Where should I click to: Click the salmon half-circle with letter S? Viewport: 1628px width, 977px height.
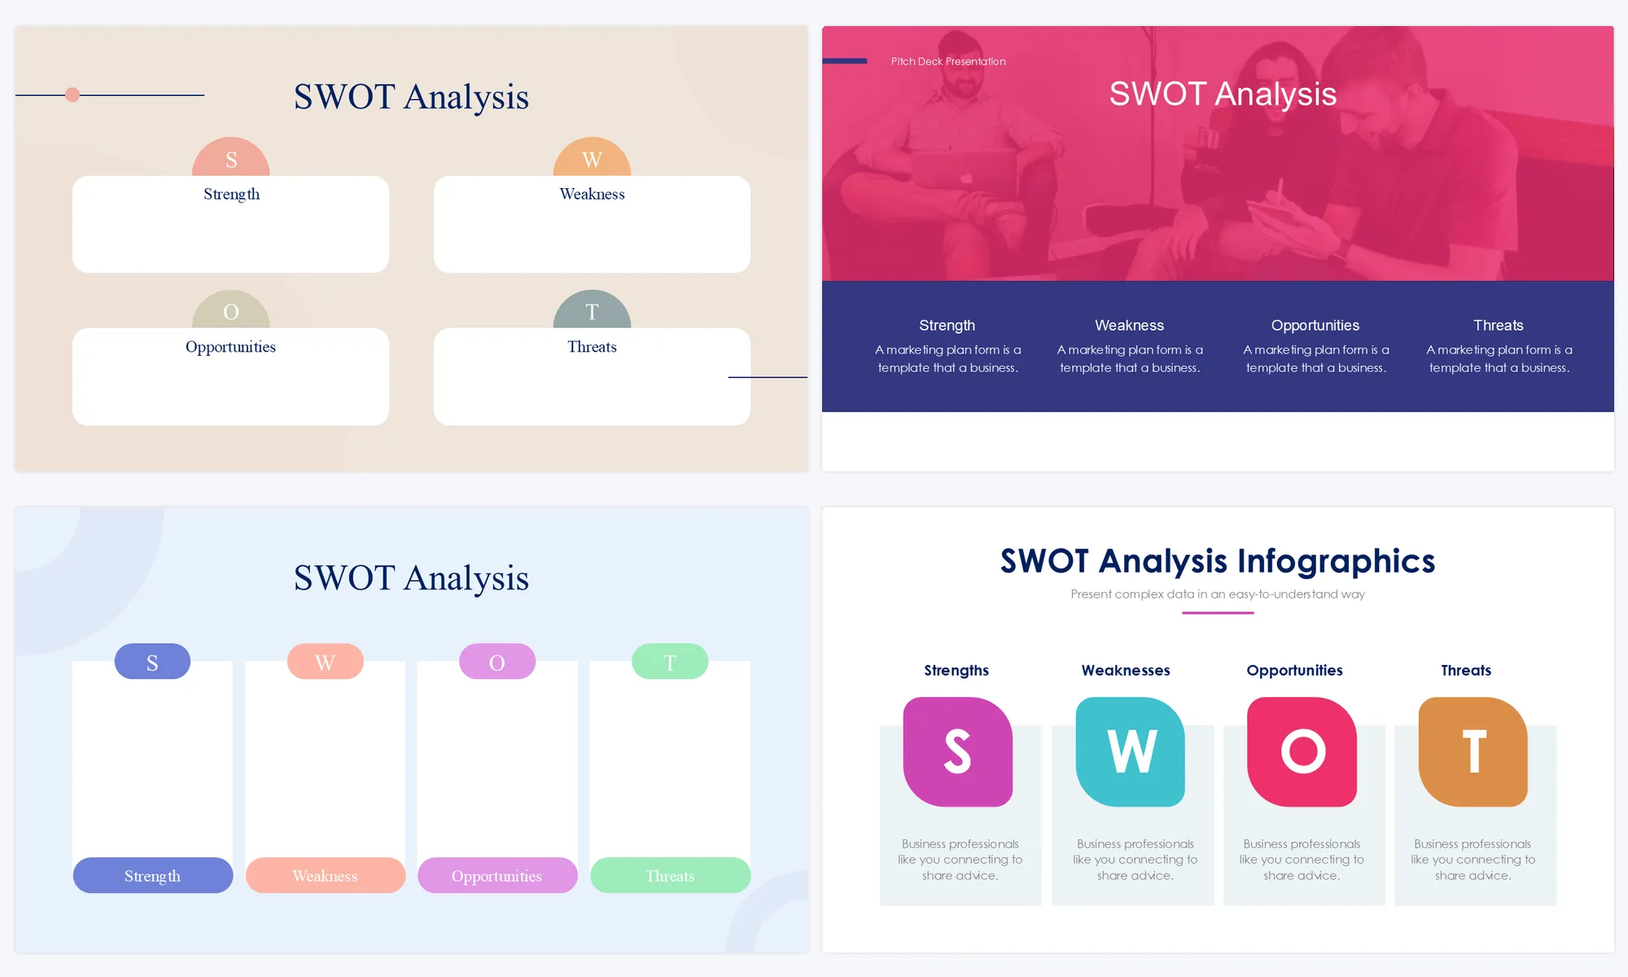click(231, 157)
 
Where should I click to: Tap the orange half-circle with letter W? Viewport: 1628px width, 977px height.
click(592, 157)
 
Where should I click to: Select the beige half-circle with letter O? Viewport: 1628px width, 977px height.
click(231, 310)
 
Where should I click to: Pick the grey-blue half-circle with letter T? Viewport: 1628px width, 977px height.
click(592, 310)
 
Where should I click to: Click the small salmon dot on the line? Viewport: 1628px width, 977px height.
click(72, 95)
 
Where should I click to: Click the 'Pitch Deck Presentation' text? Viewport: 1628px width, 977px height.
click(948, 61)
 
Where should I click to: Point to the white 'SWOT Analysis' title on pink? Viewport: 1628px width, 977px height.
click(1223, 94)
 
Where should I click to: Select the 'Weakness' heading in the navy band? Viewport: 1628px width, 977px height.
click(1129, 326)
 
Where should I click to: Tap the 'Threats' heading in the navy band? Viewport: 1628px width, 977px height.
click(1498, 326)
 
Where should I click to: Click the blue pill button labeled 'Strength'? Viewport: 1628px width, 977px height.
click(153, 875)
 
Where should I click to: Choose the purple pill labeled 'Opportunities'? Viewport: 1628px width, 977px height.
click(497, 875)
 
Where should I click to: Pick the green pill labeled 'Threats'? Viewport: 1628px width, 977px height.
click(670, 875)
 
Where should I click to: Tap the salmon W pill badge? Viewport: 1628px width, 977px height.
click(325, 661)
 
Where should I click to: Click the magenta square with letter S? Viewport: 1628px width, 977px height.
click(958, 751)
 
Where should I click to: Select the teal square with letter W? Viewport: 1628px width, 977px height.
click(1130, 751)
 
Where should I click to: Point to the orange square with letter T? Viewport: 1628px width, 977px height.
click(1473, 751)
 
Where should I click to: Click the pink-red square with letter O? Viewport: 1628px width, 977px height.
click(1302, 751)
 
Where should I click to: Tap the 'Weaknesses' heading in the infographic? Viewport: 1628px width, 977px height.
click(1126, 670)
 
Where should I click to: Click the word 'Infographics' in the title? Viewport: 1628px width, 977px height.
click(1337, 562)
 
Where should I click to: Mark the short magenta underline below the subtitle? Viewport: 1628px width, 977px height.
click(1218, 612)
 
